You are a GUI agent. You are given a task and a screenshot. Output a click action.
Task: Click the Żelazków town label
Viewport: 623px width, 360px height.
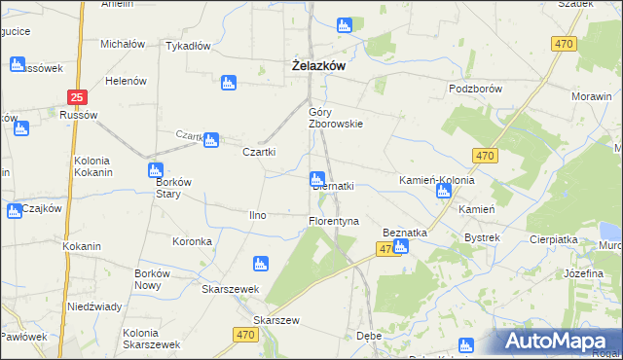322,66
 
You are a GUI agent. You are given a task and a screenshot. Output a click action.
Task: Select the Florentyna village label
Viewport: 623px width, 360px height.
334,221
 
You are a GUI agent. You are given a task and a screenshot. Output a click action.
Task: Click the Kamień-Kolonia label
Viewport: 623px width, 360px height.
436,181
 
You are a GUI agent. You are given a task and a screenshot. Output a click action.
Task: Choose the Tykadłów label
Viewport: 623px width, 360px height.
189,46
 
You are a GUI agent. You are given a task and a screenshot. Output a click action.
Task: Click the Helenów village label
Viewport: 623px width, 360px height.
126,81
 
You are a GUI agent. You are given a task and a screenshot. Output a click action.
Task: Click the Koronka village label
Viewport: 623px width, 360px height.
192,241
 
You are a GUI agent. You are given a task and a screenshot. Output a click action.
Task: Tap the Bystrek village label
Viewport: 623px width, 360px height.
482,237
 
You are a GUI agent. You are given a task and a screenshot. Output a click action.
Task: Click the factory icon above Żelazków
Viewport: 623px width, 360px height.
343,25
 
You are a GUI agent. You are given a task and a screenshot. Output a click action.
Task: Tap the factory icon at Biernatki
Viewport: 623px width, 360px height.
316,178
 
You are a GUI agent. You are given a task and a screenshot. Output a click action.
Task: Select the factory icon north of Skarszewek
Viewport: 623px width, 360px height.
260,263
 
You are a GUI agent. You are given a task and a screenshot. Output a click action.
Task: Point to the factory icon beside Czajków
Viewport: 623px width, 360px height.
15,211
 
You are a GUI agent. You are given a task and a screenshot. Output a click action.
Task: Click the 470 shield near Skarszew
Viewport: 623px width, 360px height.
246,335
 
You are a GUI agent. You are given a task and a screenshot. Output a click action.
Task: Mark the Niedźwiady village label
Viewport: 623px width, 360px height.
94,306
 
